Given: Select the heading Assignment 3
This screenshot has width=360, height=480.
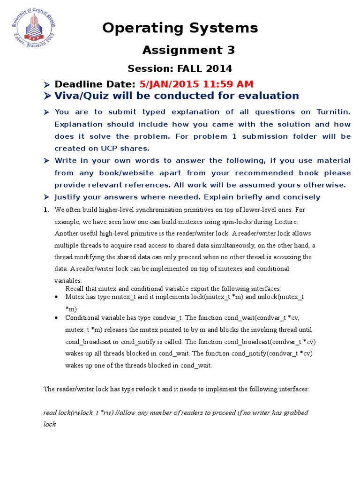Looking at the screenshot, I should (188, 50).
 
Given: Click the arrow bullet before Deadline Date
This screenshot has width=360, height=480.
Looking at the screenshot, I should (46, 85).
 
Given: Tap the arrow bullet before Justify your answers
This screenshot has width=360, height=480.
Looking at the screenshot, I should (46, 197).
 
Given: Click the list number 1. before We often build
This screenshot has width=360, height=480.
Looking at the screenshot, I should (46, 210).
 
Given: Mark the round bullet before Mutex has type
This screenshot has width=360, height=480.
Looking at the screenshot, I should (57, 297).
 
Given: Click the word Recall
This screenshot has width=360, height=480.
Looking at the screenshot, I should (75, 288).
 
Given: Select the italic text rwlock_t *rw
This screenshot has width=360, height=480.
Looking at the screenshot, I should (96, 413).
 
